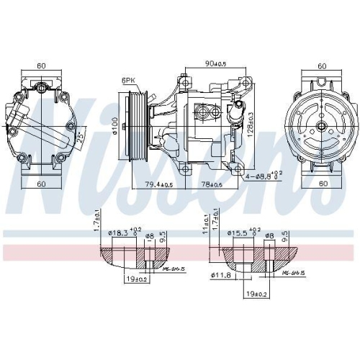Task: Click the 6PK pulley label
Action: tap(129, 81)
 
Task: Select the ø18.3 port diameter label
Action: tap(123, 234)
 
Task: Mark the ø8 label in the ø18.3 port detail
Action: tap(150, 235)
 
